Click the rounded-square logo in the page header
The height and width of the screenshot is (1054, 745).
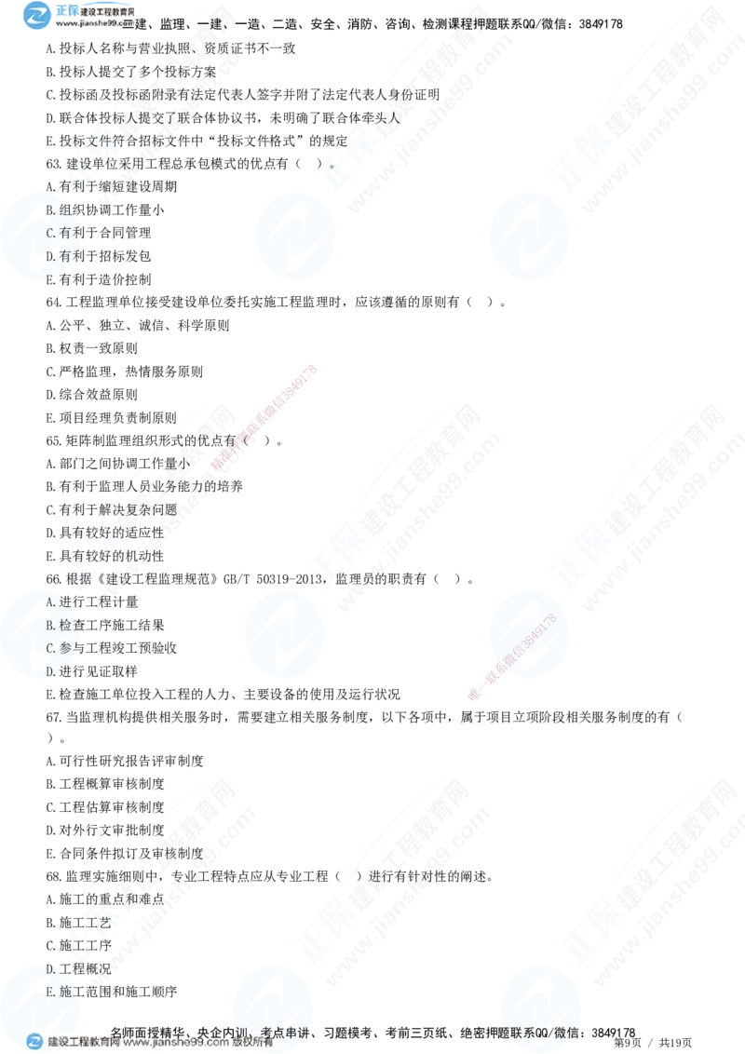36,16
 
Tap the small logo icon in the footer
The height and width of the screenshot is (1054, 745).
34,1042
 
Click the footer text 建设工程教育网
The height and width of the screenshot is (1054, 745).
84,1043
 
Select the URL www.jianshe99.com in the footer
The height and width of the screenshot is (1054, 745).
176,1043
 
